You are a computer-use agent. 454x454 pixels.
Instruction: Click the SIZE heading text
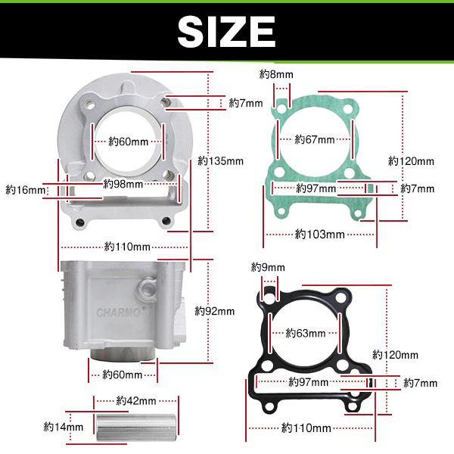click(226, 31)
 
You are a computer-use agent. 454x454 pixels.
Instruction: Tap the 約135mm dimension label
click(221, 161)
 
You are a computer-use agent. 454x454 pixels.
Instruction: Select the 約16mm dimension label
click(26, 190)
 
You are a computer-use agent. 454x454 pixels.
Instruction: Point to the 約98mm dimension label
click(123, 184)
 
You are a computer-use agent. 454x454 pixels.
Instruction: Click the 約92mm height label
click(215, 311)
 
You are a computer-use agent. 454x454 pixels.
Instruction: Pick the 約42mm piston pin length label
click(136, 401)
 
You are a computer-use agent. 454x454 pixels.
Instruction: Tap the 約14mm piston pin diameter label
click(64, 427)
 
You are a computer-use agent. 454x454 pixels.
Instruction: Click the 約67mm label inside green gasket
click(315, 139)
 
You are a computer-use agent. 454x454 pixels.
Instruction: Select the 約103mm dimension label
click(320, 234)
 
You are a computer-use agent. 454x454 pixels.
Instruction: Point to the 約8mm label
click(276, 74)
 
